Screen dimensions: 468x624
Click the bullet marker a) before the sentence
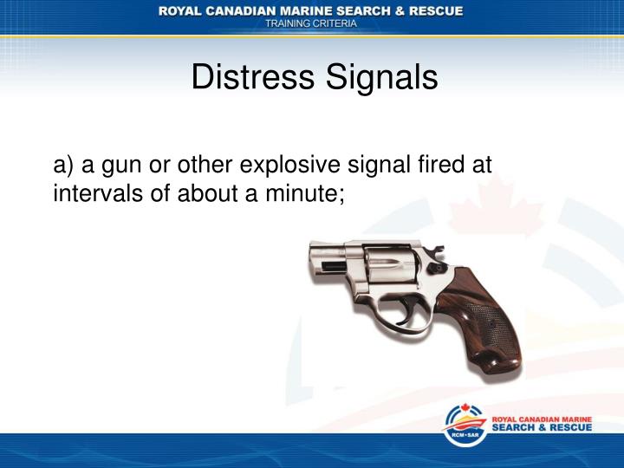(65, 164)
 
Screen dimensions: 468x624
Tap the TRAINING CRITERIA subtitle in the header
(310, 24)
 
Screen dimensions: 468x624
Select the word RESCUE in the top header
(432, 10)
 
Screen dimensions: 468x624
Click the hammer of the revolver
(437, 253)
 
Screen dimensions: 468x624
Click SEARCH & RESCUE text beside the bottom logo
(542, 428)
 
